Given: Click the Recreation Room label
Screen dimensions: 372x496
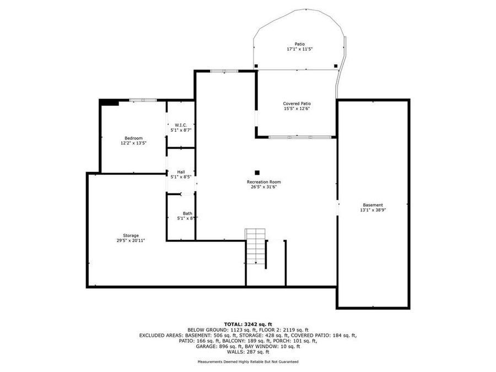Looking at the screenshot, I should point(264,182).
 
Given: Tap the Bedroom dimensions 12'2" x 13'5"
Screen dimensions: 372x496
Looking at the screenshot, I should point(133,143).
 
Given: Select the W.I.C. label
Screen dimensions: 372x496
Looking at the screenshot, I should point(181,125).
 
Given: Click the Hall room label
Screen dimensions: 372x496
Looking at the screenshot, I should point(181,172).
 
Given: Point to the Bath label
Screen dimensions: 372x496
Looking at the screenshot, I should point(187,213).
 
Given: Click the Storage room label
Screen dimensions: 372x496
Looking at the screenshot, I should point(131,235).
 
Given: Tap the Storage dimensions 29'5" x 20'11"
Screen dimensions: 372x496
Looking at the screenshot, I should point(131,240).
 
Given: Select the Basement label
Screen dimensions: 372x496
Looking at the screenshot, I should point(373,205).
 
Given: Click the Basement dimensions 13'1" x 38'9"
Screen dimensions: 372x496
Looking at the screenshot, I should point(373,210).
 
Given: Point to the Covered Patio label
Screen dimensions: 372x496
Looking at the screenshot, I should point(297,104).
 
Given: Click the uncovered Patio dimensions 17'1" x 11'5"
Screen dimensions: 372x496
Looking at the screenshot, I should point(300,49).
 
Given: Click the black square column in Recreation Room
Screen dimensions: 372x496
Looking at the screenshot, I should point(257,172).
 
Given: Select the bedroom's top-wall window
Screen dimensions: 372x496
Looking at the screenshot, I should point(143,100).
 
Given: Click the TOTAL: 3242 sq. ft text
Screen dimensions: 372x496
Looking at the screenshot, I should point(248,324).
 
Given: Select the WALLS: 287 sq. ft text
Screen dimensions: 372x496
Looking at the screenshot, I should point(248,352).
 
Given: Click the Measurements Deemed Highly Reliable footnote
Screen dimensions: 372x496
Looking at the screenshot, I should point(248,362).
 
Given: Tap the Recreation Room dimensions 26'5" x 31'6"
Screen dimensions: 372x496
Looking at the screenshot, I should point(264,187).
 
